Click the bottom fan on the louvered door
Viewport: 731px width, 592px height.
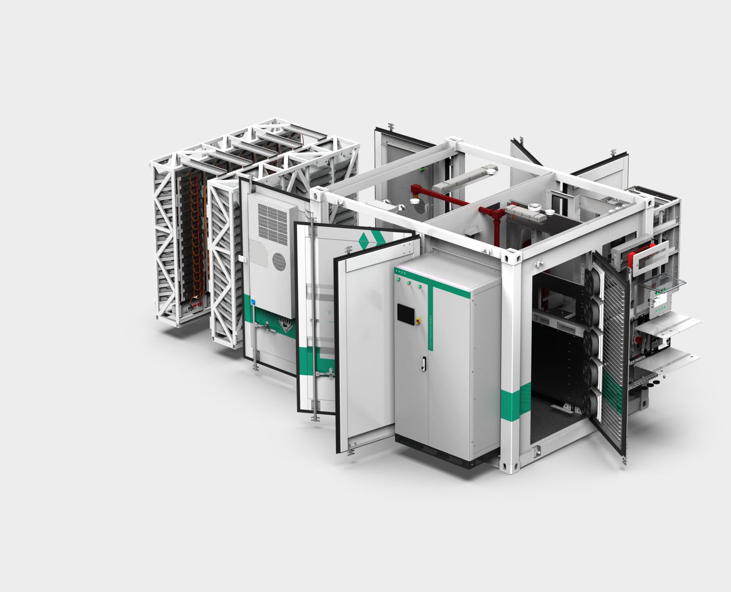[593, 402]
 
